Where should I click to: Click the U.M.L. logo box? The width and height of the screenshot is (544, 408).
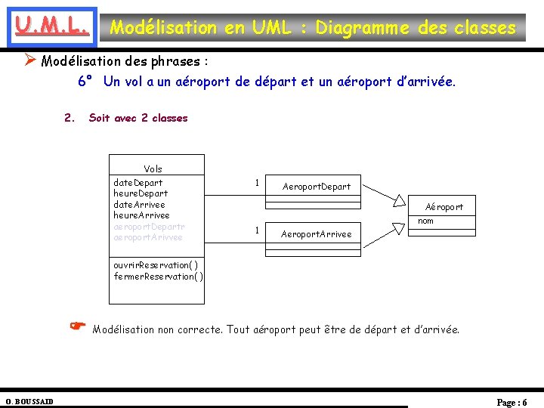[50, 27]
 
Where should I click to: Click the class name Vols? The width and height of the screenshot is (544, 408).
[153, 169]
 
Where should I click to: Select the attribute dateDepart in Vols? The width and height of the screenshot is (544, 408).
[138, 183]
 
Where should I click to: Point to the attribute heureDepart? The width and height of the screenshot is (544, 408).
[141, 193]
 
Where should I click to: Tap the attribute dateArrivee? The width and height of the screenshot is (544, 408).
[139, 205]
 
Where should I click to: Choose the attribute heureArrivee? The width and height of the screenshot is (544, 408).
[141, 215]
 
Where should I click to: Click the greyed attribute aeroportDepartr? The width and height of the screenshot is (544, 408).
[149, 227]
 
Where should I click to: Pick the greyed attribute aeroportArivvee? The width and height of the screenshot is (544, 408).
[148, 237]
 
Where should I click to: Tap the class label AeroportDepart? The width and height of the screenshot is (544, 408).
[317, 187]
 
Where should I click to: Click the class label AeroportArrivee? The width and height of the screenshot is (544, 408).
[317, 234]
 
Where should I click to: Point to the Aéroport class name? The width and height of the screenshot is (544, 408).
[444, 207]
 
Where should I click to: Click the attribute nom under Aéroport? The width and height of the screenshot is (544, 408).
[426, 221]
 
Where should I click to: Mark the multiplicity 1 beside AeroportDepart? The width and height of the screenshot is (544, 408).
[257, 183]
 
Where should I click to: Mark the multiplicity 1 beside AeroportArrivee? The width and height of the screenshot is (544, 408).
[257, 230]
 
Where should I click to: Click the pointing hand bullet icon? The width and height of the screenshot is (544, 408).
[77, 327]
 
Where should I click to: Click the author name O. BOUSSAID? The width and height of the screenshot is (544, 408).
[29, 401]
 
